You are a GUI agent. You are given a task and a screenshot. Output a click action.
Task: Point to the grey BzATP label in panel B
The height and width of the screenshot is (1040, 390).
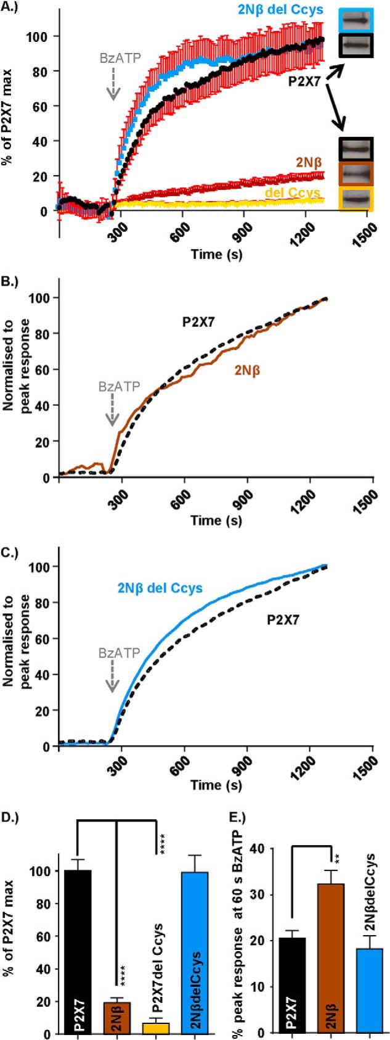pos(115,388)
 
